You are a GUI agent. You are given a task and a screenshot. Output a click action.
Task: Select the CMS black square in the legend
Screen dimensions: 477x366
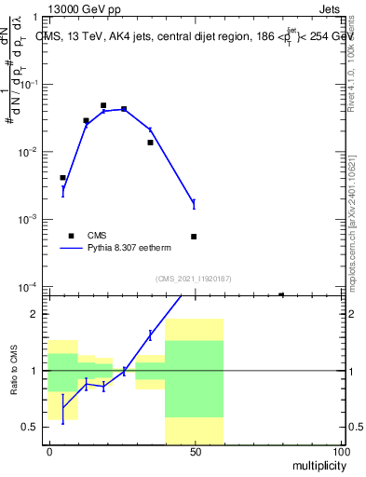70,236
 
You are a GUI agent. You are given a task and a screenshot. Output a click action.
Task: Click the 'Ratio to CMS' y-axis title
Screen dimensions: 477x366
14,370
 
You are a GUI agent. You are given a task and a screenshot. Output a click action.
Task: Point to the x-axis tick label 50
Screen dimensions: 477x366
195,451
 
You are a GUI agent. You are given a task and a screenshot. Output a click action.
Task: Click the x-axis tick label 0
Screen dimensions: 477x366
49,451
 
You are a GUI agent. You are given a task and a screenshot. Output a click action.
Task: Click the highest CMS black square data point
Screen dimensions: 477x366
103,105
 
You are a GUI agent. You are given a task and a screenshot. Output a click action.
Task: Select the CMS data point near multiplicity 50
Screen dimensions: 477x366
194,237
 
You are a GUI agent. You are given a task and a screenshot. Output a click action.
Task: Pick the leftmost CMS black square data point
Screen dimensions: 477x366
62,177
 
